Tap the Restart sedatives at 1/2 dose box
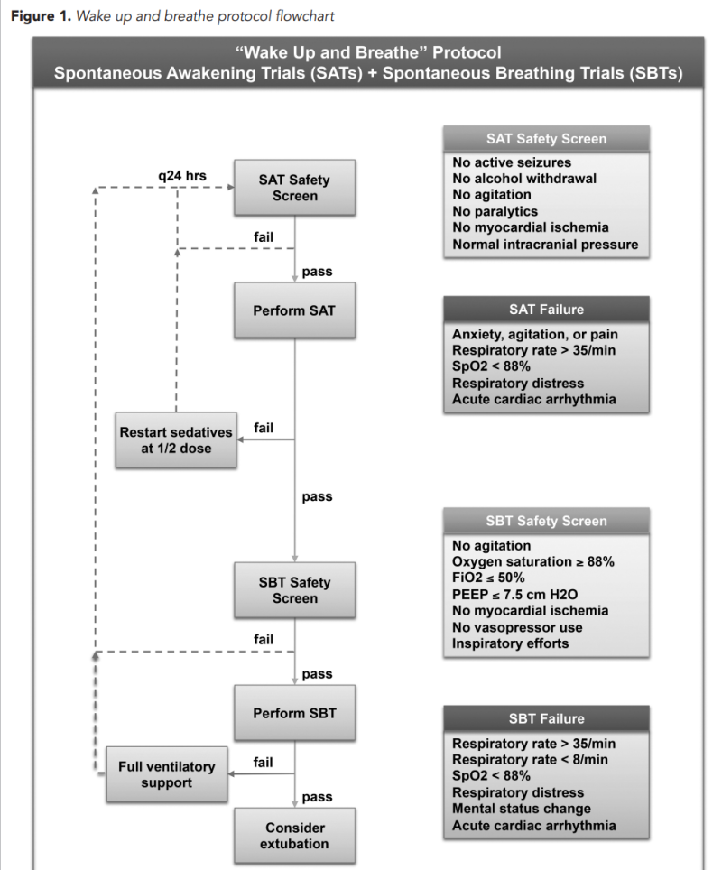(x=176, y=440)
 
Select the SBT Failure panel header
(x=546, y=718)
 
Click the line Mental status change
(x=522, y=809)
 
